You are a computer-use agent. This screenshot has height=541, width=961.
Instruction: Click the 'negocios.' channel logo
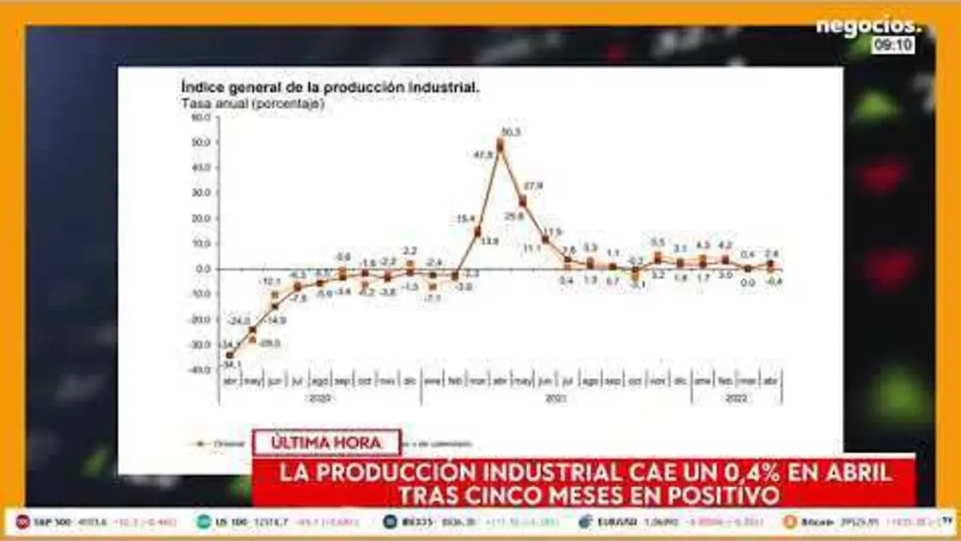(868, 26)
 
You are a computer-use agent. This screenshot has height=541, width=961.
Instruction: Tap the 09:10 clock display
(893, 45)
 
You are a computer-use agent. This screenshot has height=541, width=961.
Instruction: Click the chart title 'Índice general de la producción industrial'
(330, 87)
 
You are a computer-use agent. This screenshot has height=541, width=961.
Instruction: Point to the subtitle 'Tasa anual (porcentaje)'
(253, 104)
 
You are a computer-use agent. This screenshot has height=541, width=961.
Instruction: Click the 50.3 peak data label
(511, 132)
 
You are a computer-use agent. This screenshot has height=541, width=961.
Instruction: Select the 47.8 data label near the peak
(483, 155)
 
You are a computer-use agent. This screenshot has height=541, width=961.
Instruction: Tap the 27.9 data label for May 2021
(533, 186)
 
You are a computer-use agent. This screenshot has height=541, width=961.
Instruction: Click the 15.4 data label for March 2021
(465, 219)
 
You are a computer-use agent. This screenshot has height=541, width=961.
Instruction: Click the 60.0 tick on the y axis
(200, 117)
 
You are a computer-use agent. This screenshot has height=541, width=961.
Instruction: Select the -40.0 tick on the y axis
(199, 370)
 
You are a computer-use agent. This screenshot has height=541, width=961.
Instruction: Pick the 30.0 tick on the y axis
(200, 193)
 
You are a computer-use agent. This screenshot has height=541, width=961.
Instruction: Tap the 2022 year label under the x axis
(736, 399)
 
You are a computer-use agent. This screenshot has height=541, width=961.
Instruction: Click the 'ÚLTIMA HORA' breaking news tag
(327, 443)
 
